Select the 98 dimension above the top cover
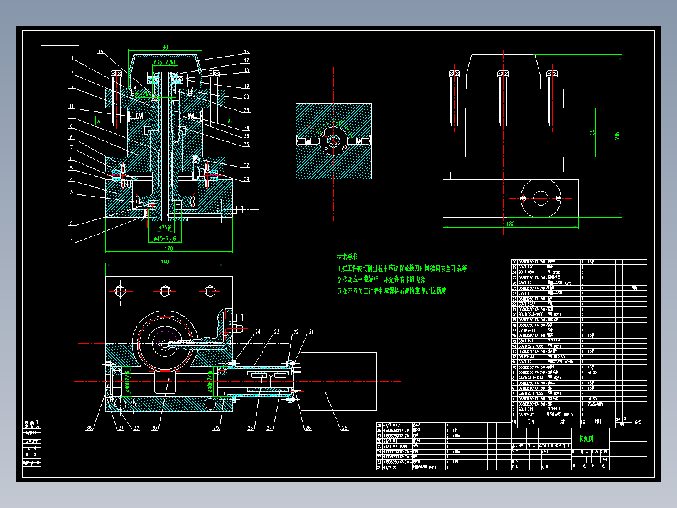(x=165, y=47)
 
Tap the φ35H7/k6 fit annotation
(x=165, y=63)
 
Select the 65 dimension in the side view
(x=592, y=133)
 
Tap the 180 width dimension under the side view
(x=510, y=223)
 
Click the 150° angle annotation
(x=337, y=123)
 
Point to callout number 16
(x=247, y=52)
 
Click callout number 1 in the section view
(x=72, y=240)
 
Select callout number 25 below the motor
(x=344, y=429)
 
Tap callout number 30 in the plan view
(x=155, y=429)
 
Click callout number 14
(x=72, y=58)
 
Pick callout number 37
(x=247, y=166)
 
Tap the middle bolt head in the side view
(x=503, y=75)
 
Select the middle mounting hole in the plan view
(x=165, y=290)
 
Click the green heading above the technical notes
(x=347, y=257)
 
